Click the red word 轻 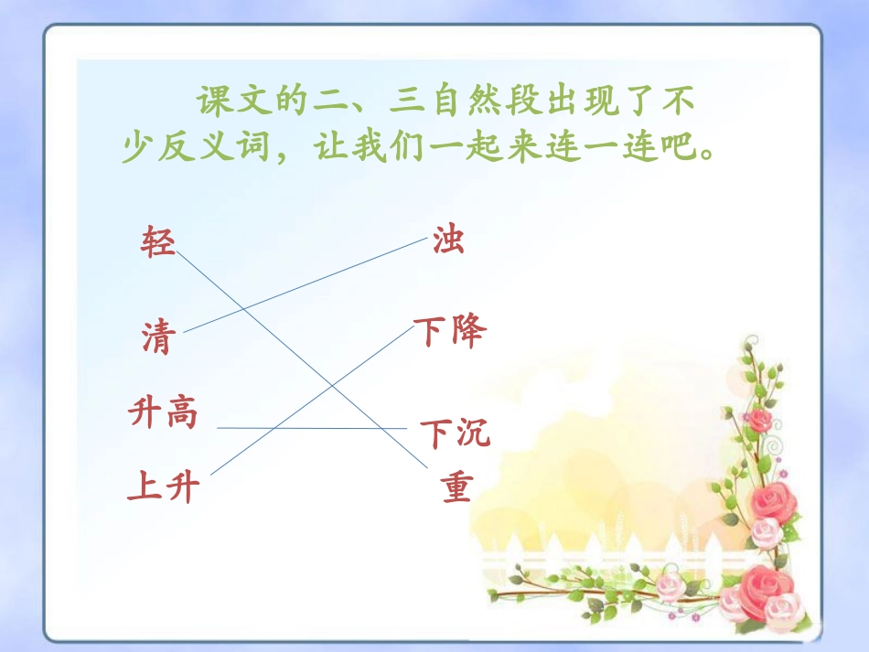(157, 242)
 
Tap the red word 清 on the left (156, 337)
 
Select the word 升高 (163, 414)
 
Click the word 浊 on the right (448, 240)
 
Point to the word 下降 (449, 331)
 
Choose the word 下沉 (456, 433)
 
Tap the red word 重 (456, 488)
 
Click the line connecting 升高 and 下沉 (311, 428)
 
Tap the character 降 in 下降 (467, 331)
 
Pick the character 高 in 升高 (181, 414)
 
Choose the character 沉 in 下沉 (474, 433)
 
